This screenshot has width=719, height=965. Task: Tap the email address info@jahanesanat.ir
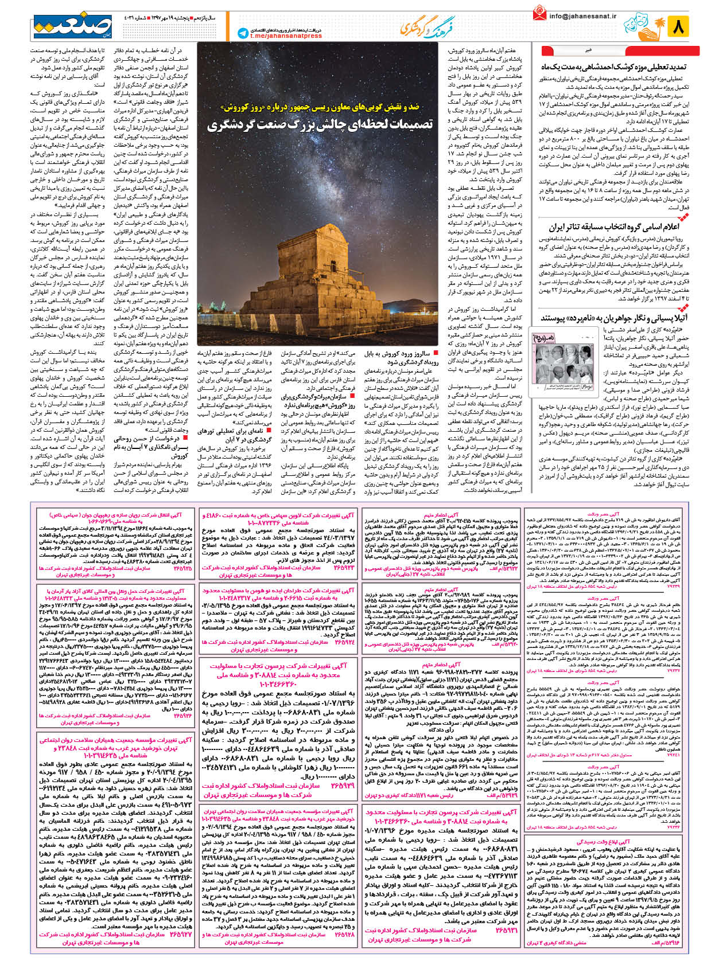click(582, 16)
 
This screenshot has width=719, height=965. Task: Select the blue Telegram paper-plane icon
click(243, 34)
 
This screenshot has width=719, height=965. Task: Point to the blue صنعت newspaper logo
click(72, 26)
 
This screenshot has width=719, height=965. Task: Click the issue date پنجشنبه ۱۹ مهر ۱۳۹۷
click(172, 18)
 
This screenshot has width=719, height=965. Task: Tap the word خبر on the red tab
click(588, 50)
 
